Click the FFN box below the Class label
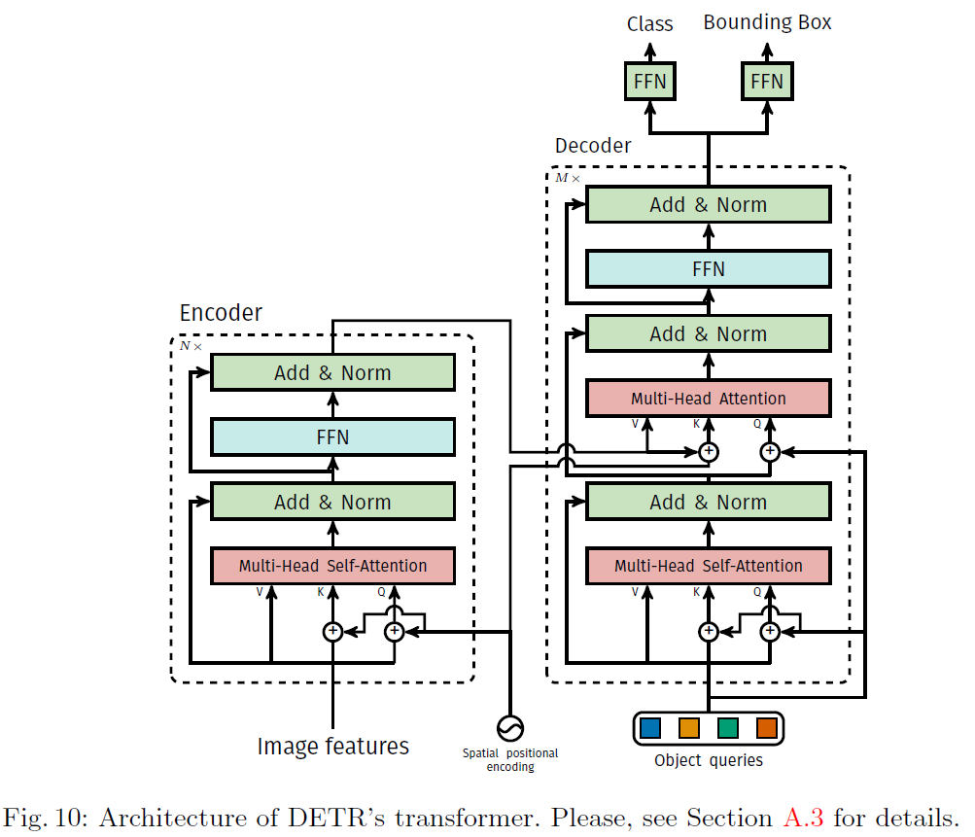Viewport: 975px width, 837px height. (x=650, y=82)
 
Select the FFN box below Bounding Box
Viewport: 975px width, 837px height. (x=767, y=82)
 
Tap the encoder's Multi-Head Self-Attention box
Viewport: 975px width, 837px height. (x=332, y=566)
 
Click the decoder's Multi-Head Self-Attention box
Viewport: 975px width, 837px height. (x=709, y=566)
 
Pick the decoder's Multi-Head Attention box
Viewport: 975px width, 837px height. (x=709, y=399)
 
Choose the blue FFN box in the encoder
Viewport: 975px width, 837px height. (x=332, y=437)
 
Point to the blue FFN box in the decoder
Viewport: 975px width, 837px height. (x=709, y=269)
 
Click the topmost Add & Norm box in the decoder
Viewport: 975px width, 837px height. (x=709, y=205)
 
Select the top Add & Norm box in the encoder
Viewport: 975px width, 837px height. (x=332, y=373)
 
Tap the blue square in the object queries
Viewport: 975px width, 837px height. (x=650, y=727)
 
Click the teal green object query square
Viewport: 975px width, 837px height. (x=728, y=727)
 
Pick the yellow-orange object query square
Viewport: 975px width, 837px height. (x=689, y=727)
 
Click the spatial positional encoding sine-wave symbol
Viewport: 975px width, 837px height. (x=509, y=727)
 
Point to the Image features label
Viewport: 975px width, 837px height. (x=332, y=747)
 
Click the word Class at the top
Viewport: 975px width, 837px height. (x=650, y=23)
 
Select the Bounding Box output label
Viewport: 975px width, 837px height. (x=767, y=22)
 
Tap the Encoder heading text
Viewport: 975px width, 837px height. (x=221, y=313)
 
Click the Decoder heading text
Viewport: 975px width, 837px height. (x=593, y=146)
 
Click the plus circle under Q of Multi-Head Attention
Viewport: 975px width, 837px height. (x=770, y=451)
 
